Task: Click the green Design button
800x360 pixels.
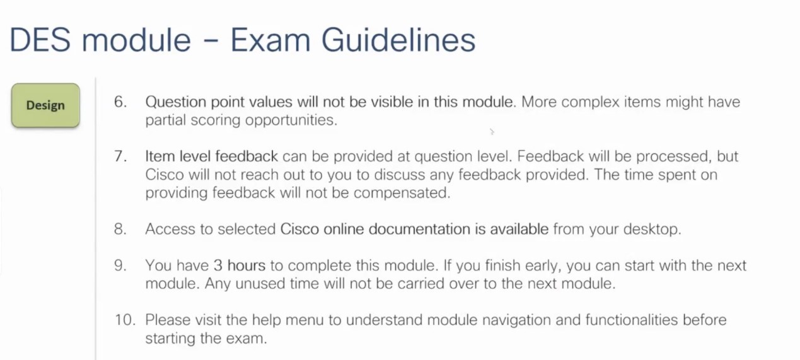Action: (45, 105)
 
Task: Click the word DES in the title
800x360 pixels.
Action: (45, 40)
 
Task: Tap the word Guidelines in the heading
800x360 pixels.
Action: (398, 40)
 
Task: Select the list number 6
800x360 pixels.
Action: (120, 102)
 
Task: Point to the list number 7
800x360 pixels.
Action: (120, 156)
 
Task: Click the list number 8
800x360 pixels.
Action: (120, 229)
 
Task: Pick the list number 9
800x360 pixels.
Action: (120, 265)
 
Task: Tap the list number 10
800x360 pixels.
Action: (125, 320)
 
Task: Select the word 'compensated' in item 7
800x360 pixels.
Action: (402, 193)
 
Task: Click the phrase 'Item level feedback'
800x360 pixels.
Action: (212, 156)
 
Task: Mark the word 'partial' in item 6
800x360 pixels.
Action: (166, 120)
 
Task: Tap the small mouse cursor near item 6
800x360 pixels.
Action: (492, 132)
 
